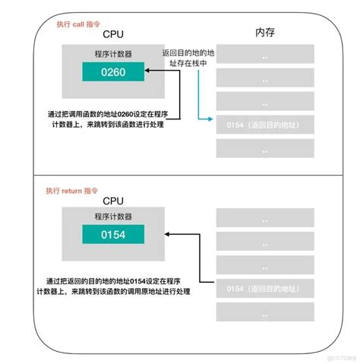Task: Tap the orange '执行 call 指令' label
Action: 82,24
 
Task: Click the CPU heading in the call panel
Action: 107,34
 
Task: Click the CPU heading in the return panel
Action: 107,201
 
